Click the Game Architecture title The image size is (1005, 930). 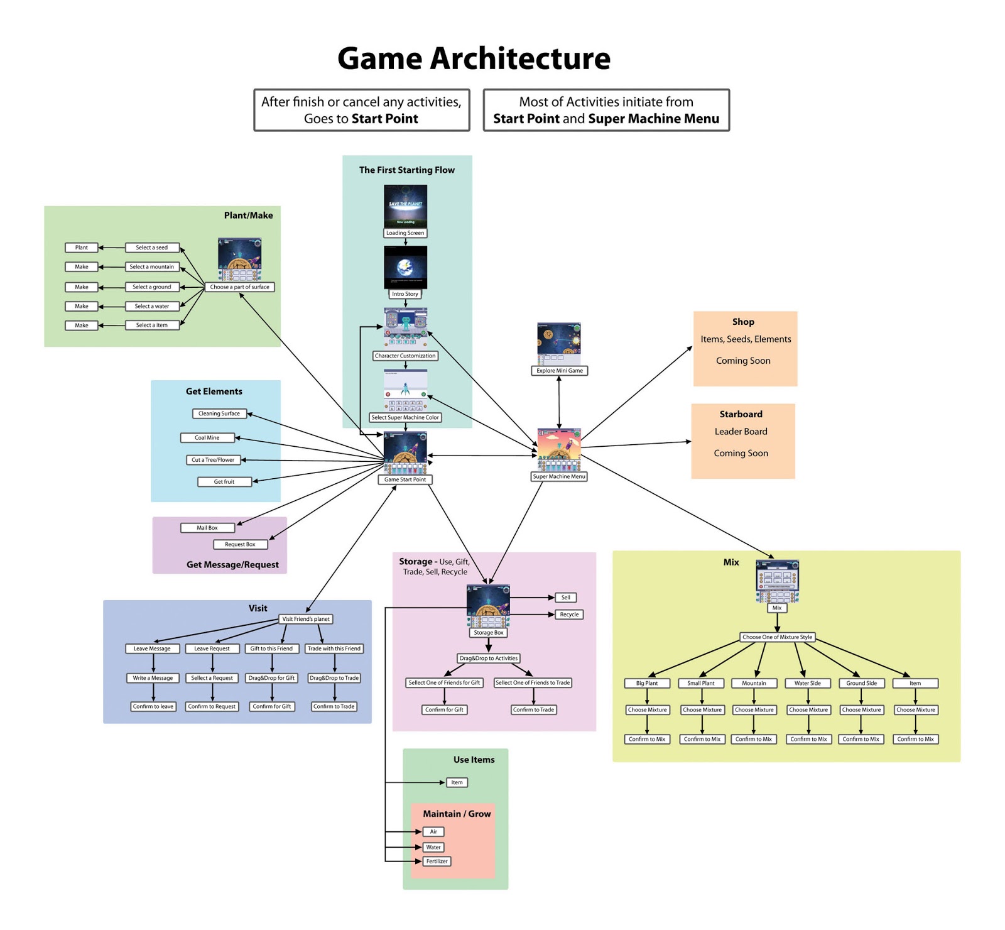(x=474, y=58)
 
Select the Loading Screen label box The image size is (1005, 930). (x=405, y=233)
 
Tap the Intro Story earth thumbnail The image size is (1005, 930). (x=405, y=267)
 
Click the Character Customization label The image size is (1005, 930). (x=405, y=356)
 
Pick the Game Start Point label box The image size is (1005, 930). (x=405, y=479)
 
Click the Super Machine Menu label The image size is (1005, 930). (x=559, y=476)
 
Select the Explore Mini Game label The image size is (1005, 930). (x=559, y=371)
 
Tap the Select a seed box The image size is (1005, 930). (x=152, y=248)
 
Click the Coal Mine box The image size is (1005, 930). (x=207, y=437)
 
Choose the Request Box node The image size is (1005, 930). (x=240, y=544)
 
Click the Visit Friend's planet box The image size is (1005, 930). (x=306, y=619)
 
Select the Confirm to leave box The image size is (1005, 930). (x=153, y=706)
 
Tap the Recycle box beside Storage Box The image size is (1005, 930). (x=569, y=615)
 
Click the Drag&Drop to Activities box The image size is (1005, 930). (x=489, y=659)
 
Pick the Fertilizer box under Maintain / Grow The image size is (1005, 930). (x=437, y=861)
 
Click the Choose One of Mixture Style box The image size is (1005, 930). (x=777, y=637)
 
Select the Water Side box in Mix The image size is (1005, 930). (x=808, y=683)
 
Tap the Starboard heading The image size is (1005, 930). (x=741, y=414)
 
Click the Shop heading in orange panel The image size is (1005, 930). (x=743, y=322)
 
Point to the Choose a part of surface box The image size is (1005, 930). (x=239, y=287)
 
